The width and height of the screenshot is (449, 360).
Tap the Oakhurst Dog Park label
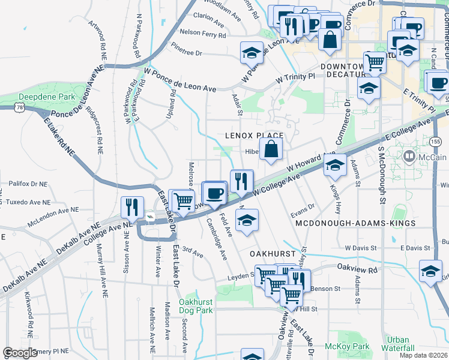point(196,306)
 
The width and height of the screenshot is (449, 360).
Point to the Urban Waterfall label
point(397,344)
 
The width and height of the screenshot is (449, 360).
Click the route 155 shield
point(436,141)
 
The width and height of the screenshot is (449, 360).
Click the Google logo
point(20,352)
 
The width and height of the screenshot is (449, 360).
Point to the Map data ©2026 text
point(423,355)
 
